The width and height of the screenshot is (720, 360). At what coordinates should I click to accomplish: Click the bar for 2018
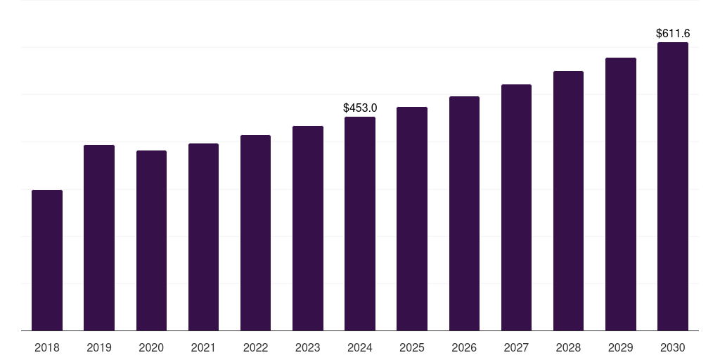coord(47,260)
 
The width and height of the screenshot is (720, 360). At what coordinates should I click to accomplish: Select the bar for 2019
coord(99,238)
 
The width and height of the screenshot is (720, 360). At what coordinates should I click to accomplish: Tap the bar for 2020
coord(151,240)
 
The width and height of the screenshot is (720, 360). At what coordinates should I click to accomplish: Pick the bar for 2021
coord(203,237)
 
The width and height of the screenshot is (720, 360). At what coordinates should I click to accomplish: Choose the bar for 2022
coord(255,233)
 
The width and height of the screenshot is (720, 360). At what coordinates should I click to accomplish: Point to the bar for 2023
coord(308,229)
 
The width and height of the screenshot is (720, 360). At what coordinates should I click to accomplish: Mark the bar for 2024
coord(360,224)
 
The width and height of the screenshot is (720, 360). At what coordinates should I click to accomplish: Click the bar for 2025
coord(412,219)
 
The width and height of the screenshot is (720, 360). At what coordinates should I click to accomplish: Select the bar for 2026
coord(464,214)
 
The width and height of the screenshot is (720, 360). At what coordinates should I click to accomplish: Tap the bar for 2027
coord(516,207)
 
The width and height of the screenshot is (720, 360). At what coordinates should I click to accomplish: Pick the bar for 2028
coord(568,201)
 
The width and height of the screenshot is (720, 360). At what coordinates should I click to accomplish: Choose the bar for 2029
coord(621,194)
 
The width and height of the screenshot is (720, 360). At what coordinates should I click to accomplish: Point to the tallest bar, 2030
coord(673,186)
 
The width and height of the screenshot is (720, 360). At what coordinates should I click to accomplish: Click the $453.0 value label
coord(360,108)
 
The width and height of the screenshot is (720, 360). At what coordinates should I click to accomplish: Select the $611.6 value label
coord(673,34)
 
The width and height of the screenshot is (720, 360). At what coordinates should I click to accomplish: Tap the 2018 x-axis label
coord(47,348)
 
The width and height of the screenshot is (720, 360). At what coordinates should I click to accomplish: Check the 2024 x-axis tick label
coord(360,348)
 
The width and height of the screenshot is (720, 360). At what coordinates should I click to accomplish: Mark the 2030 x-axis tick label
coord(673,348)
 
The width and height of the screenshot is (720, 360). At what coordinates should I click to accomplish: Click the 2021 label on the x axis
coord(203,348)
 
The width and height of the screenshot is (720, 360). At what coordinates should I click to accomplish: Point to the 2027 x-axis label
coord(516,348)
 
